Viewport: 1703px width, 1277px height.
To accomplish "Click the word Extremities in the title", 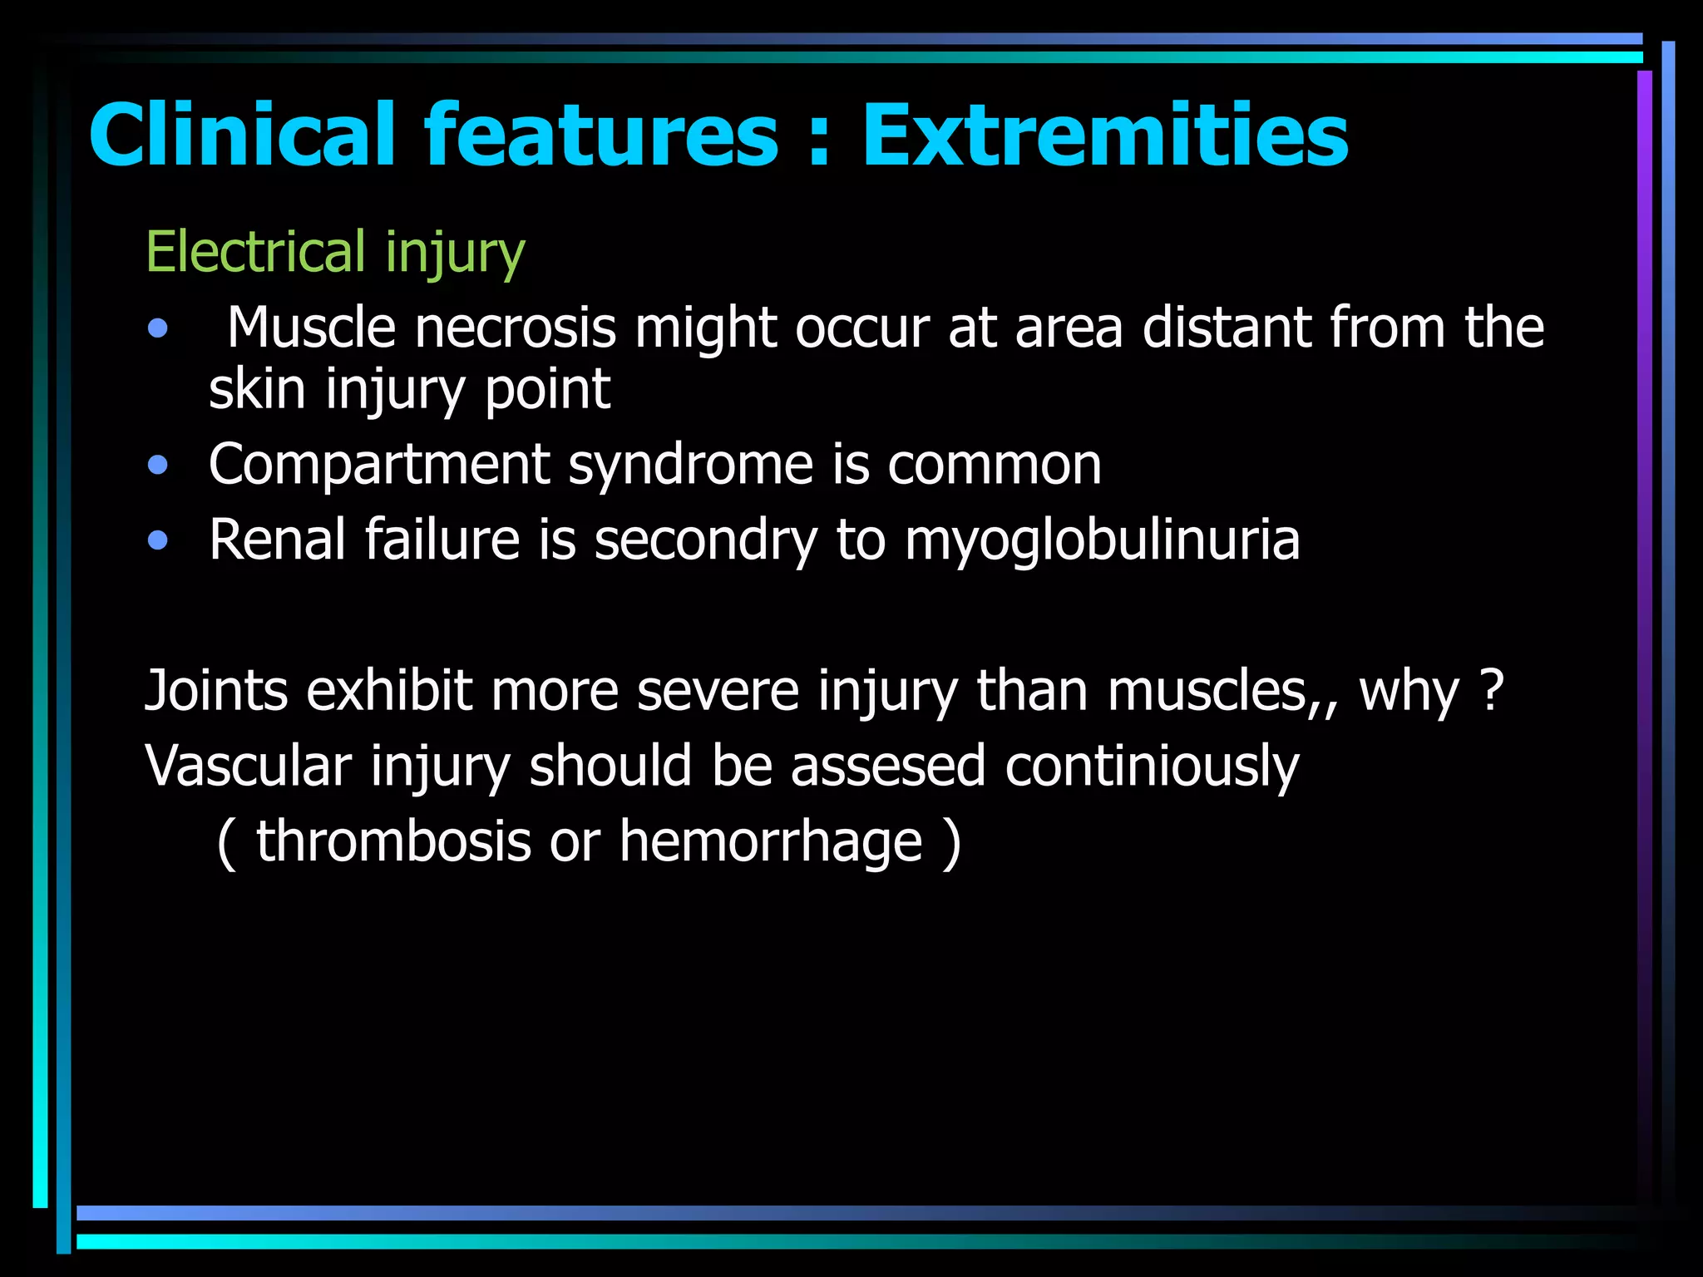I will [1104, 136].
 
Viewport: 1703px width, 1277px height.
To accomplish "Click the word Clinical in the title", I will [242, 136].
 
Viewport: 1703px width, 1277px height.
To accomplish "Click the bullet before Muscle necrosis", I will [157, 329].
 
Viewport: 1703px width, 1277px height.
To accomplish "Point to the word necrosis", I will [516, 328].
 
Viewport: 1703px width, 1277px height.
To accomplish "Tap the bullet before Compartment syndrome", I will [157, 465].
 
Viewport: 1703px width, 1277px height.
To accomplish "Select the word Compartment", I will [379, 465].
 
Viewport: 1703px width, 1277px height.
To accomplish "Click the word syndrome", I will [691, 465].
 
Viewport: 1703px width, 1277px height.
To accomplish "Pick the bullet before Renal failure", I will [157, 541].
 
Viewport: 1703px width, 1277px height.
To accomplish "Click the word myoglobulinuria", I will [1102, 541].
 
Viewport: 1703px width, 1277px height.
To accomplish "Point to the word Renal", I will [277, 540].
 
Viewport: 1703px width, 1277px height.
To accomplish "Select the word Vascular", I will [248, 767].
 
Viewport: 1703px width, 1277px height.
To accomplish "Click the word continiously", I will [1152, 767].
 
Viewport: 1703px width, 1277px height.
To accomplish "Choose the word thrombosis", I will [393, 841].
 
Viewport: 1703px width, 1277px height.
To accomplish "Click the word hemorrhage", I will [771, 841].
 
